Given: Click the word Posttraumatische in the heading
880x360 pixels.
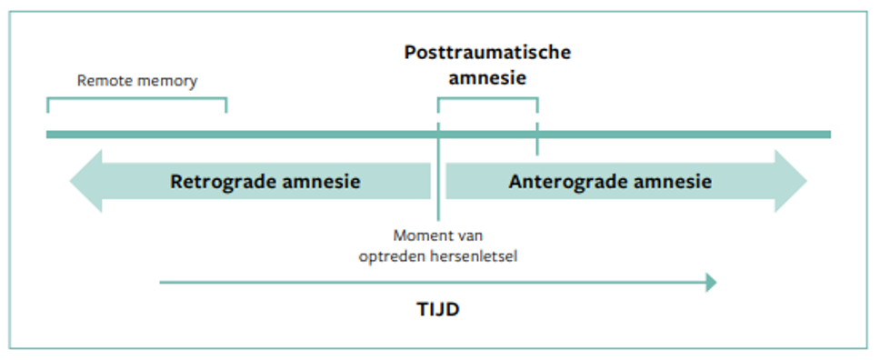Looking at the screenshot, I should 487,52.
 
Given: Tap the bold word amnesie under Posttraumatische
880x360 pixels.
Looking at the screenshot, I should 487,78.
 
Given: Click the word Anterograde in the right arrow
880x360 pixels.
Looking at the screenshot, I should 560,181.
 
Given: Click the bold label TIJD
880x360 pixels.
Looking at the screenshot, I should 433,310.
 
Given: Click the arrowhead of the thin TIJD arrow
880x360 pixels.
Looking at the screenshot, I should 711,283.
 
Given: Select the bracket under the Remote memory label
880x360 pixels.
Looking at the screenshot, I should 136,101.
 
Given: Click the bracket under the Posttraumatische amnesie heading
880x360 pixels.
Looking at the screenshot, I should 487,99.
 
